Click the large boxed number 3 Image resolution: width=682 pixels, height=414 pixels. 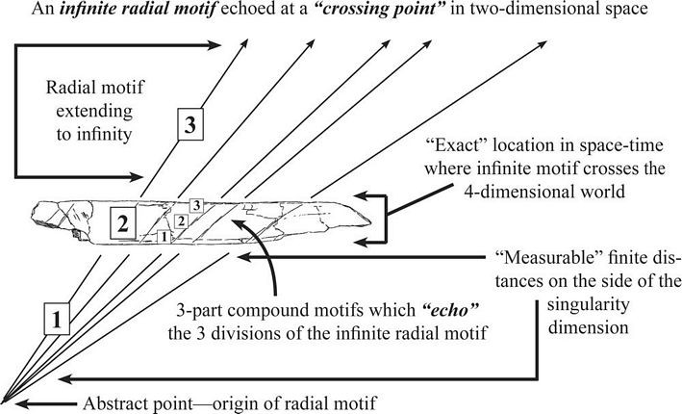(190, 124)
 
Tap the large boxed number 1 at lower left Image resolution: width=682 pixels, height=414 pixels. (59, 318)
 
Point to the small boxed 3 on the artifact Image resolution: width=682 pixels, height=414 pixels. (195, 205)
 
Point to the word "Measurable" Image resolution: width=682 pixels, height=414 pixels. (539, 260)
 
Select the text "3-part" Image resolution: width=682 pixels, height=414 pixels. (204, 313)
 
